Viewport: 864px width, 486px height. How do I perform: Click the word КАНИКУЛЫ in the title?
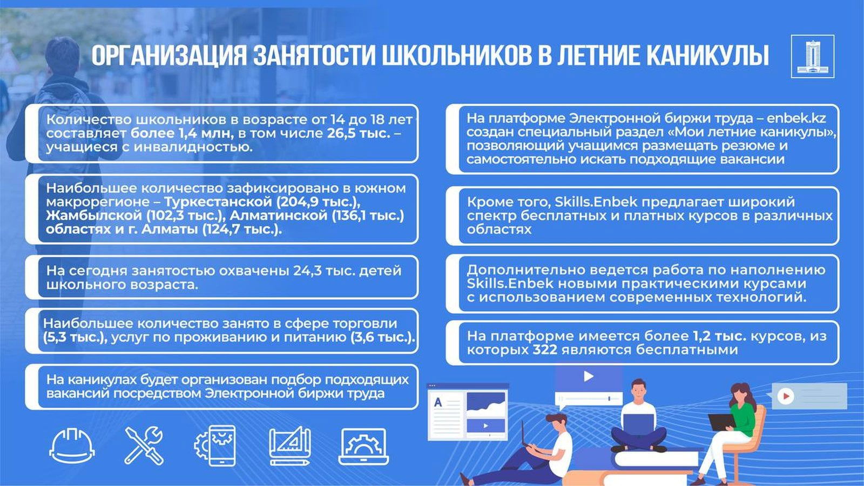click(x=707, y=56)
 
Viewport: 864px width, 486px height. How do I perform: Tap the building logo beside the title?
click(x=812, y=56)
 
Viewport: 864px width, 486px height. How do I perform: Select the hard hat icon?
click(x=72, y=446)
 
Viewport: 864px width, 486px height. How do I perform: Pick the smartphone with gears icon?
click(x=215, y=446)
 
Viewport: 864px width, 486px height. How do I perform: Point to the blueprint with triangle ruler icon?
click(x=290, y=446)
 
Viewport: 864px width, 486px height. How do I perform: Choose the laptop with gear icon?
click(x=363, y=446)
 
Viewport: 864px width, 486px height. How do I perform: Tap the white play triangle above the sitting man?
click(x=588, y=376)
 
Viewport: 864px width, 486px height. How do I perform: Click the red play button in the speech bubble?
click(x=786, y=396)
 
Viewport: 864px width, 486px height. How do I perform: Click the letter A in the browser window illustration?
click(x=438, y=402)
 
